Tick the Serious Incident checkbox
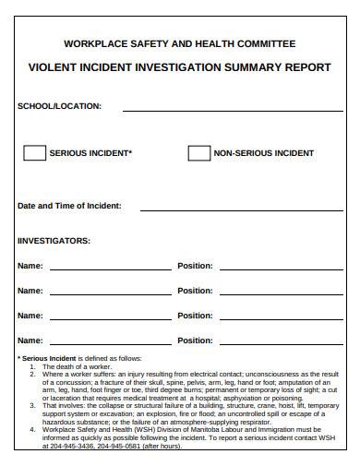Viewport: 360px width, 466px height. pyautogui.click(x=34, y=153)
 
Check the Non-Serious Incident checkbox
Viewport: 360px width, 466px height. pyautogui.click(x=198, y=153)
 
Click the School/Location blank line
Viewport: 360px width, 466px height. pyautogui.click(x=233, y=109)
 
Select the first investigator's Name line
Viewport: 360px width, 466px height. pyautogui.click(x=110, y=269)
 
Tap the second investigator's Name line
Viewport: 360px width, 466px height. pyautogui.click(x=110, y=293)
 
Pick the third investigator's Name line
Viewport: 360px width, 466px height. pyautogui.click(x=110, y=318)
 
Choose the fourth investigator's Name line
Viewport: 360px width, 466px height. pyautogui.click(x=110, y=343)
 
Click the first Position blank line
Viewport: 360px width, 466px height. pyautogui.click(x=281, y=269)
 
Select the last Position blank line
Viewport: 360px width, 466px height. pyautogui.click(x=281, y=343)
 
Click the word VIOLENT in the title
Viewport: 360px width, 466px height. pyautogui.click(x=54, y=67)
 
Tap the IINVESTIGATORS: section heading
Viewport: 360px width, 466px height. pyautogui.click(x=54, y=241)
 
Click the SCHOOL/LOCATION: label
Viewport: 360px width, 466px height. pyautogui.click(x=60, y=106)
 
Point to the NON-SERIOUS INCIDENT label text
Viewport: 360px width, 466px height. pyautogui.click(x=264, y=153)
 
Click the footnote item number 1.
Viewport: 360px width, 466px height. pyautogui.click(x=32, y=366)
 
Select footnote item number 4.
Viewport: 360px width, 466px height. pyautogui.click(x=32, y=429)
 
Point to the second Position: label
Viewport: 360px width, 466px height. pyautogui.click(x=195, y=291)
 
